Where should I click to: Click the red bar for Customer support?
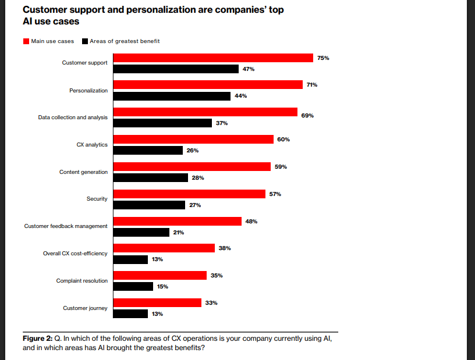pyautogui.click(x=213, y=58)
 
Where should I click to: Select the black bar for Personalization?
pyautogui.click(x=172, y=96)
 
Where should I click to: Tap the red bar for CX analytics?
pyautogui.click(x=193, y=139)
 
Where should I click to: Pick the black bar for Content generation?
pyautogui.click(x=150, y=177)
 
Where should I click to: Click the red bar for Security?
pyautogui.click(x=189, y=194)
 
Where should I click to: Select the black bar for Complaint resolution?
pyautogui.click(x=133, y=286)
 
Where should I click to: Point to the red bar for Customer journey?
pyautogui.click(x=157, y=302)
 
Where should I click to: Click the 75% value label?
pyautogui.click(x=324, y=58)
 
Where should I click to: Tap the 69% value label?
pyautogui.click(x=307, y=116)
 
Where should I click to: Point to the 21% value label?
pyautogui.click(x=178, y=232)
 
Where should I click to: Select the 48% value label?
pyautogui.click(x=251, y=221)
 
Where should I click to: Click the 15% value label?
pyautogui.click(x=162, y=286)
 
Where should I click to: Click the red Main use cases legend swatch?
pyautogui.click(x=26, y=41)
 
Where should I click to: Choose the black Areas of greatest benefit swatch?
pyautogui.click(x=85, y=41)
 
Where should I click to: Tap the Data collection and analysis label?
pyautogui.click(x=73, y=117)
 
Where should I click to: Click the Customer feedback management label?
pyautogui.click(x=66, y=226)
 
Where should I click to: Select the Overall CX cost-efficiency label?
pyautogui.click(x=75, y=254)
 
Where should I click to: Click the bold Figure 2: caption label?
pyautogui.click(x=37, y=339)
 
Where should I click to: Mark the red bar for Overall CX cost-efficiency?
pyautogui.click(x=164, y=248)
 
